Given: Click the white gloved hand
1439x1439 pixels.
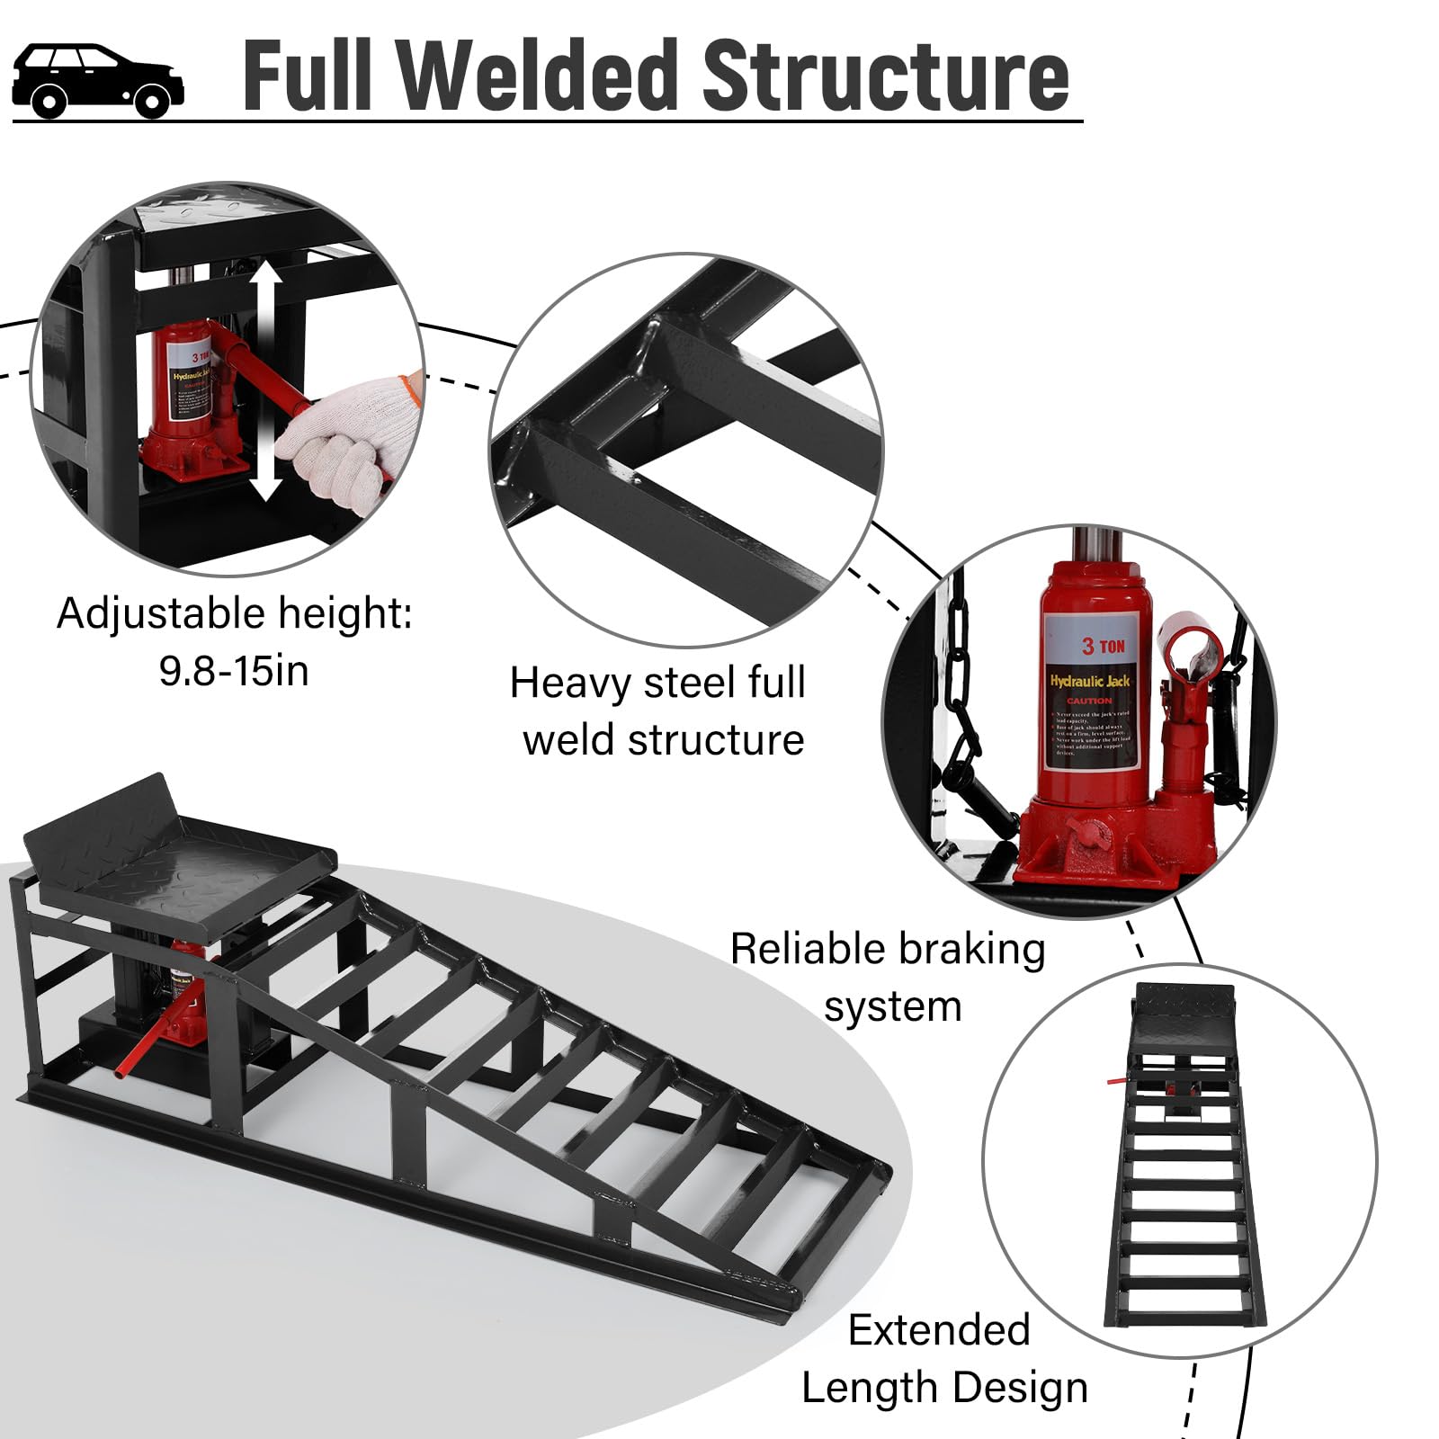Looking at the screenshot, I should pos(346,441).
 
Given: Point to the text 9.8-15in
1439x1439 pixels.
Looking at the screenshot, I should pos(234,671).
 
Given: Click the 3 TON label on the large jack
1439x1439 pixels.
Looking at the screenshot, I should pos(1103,646).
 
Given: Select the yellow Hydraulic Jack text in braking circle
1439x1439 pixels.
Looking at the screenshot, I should pos(1090,681).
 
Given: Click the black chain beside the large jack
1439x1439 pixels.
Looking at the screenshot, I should pos(962,684).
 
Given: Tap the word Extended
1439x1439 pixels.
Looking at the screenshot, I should pos(939,1330).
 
